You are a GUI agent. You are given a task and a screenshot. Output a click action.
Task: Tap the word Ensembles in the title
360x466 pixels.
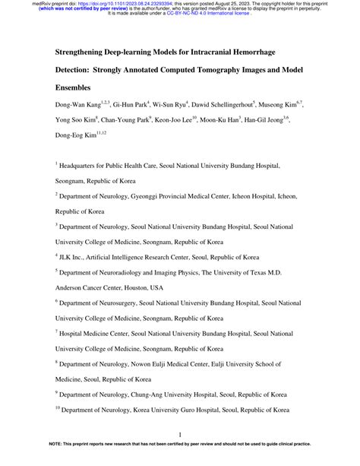(76, 87)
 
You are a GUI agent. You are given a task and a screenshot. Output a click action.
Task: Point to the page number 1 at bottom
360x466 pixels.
(179, 435)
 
